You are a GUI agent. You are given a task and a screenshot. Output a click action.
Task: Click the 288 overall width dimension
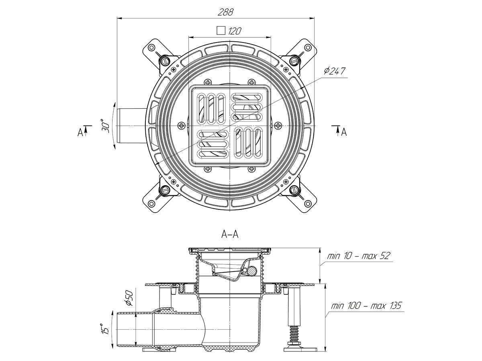225,12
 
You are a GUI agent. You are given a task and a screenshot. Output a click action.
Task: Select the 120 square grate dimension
235,31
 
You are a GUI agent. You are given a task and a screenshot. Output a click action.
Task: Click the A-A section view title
230,235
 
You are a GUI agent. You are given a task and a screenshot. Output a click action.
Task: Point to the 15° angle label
106,329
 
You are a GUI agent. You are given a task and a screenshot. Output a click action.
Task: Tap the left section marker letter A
80,132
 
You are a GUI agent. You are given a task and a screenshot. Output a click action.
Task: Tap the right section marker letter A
344,132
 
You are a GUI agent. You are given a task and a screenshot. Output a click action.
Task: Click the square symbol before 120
220,30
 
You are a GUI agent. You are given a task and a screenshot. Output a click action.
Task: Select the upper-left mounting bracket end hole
151,48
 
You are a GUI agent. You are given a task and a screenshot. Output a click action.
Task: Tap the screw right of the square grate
278,126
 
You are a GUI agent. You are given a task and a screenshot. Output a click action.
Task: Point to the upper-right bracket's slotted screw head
295,61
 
